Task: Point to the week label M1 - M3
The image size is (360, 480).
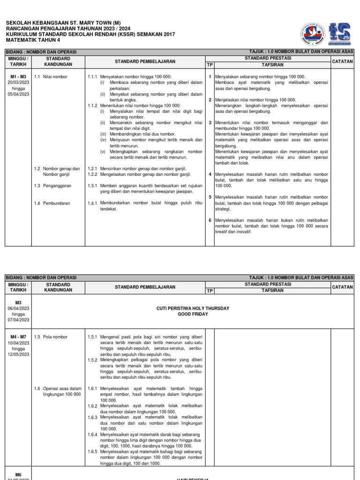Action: tap(18, 76)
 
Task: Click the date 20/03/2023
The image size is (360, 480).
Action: tap(18, 82)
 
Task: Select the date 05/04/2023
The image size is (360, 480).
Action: tap(18, 93)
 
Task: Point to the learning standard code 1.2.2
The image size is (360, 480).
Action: tap(92, 174)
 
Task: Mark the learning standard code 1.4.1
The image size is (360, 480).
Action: tap(92, 203)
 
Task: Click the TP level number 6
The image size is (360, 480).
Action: tap(210, 220)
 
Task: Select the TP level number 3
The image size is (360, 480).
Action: tap(210, 123)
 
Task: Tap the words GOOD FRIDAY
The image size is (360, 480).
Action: tap(192, 314)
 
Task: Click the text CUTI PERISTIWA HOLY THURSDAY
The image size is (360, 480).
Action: tap(192, 308)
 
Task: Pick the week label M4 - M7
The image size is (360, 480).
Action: tap(18, 337)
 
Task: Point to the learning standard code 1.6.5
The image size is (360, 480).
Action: tap(92, 452)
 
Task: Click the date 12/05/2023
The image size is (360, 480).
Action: tap(18, 354)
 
